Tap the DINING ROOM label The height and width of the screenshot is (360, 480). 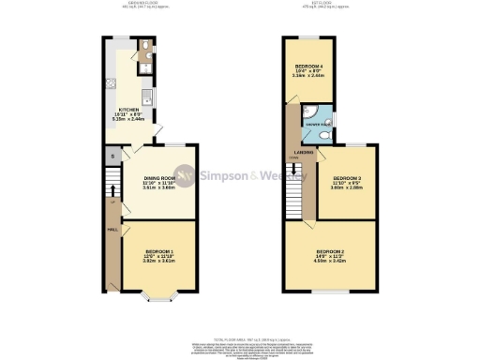(x=159, y=178)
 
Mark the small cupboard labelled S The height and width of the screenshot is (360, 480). (x=113, y=155)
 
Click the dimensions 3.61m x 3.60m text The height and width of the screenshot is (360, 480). (x=159, y=188)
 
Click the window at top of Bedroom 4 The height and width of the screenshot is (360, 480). (x=307, y=37)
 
